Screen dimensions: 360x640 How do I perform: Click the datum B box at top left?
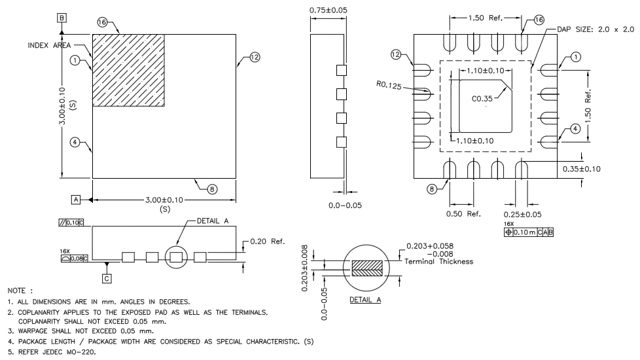(x=62, y=18)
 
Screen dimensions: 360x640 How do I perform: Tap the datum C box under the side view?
(x=107, y=278)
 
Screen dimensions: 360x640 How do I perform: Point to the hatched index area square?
(x=128, y=70)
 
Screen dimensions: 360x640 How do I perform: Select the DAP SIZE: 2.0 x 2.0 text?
(x=596, y=29)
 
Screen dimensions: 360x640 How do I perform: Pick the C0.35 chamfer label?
(x=483, y=99)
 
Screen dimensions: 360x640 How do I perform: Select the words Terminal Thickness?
(x=440, y=261)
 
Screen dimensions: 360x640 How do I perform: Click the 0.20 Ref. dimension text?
(x=268, y=242)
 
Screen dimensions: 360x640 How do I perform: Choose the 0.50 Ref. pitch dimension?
(x=463, y=214)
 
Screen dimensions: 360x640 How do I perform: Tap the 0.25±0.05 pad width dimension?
(x=522, y=214)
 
